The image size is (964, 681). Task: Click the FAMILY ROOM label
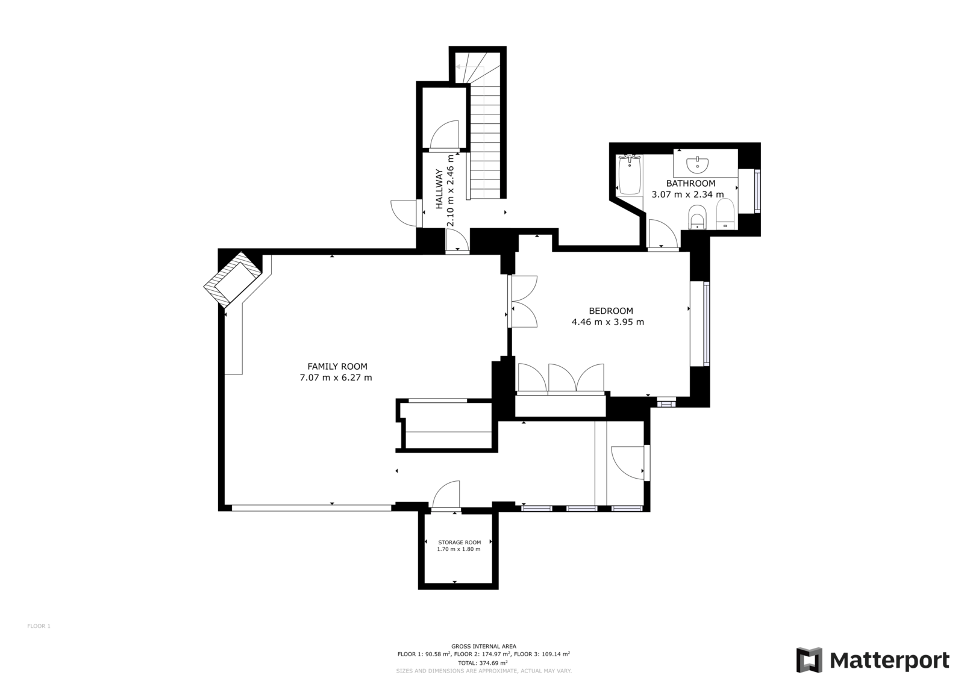point(337,367)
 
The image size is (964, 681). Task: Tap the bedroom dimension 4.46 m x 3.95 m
point(608,322)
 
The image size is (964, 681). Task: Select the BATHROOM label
point(690,183)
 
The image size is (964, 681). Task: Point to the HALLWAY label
point(439,189)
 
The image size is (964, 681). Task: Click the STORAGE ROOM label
point(459,543)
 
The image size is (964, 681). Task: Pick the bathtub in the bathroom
point(630,176)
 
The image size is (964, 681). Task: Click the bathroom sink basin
point(697,164)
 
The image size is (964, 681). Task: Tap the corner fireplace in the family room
point(233,279)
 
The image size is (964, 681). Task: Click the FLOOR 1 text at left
point(39,626)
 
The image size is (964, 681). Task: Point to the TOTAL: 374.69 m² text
point(483,663)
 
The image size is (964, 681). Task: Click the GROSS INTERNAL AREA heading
point(484,646)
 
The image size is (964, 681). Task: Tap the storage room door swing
point(446,495)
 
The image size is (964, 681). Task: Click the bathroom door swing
point(663,234)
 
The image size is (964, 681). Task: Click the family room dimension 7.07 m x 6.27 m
point(336,378)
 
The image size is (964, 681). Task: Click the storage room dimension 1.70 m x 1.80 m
point(459,549)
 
